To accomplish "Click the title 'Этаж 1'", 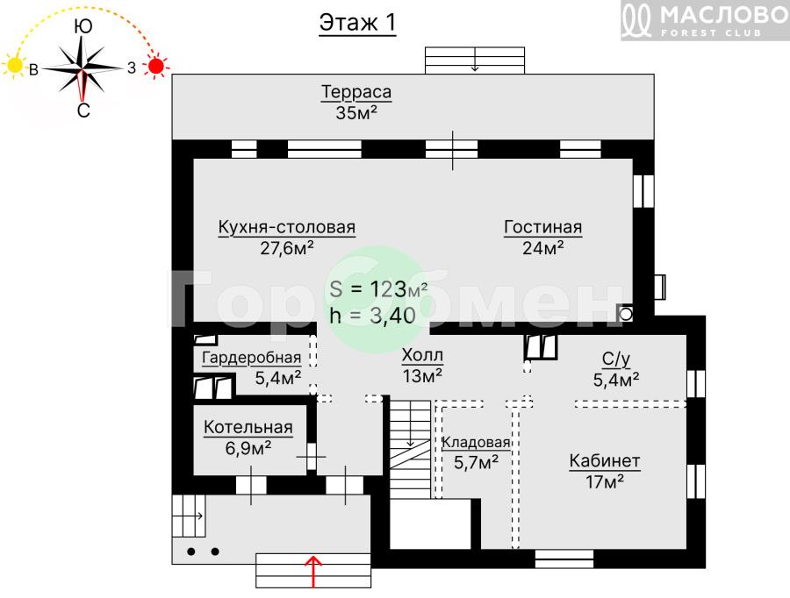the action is coord(357,23).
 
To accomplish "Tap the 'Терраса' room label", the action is coord(356,92).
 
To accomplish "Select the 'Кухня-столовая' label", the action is coord(287,227).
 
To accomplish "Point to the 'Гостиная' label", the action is coord(543,227).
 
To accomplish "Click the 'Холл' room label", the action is coord(422,355).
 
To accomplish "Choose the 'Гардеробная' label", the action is coord(251,358).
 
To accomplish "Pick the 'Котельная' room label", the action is coord(248,427).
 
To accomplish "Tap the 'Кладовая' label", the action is coord(476,443).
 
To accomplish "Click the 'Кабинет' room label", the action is coord(605,460).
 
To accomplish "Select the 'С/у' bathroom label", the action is coord(616,359).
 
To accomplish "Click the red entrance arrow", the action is coord(313,572).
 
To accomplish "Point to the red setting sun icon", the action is coord(156,66).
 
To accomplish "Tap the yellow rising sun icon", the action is coord(15,66).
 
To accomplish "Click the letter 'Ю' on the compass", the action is coord(83,26).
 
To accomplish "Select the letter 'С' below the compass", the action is coord(83,110).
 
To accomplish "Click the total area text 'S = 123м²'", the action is coord(378,289).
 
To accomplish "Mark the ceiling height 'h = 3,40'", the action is coord(372,315).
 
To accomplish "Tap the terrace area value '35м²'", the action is coord(356,112).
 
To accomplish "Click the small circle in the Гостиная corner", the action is coord(626,315).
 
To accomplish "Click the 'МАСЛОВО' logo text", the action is coord(724,15).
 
